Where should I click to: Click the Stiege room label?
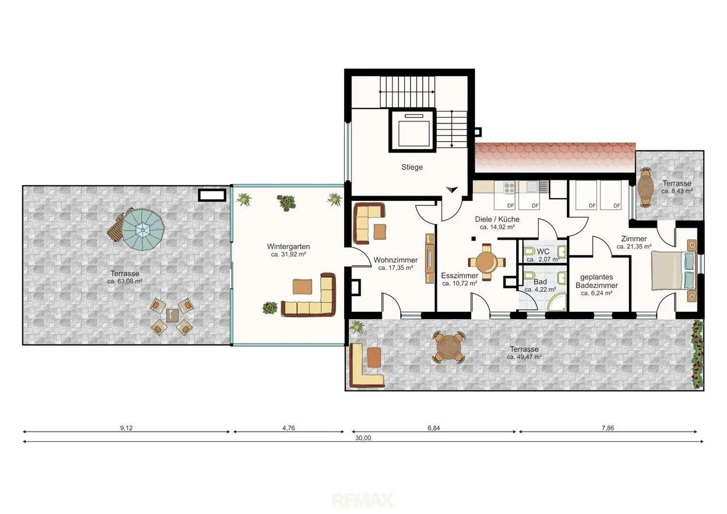pyautogui.click(x=412, y=167)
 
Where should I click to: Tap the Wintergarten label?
pyautogui.click(x=288, y=246)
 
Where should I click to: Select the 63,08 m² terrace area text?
pyautogui.click(x=125, y=282)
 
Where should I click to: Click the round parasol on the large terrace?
pyautogui.click(x=142, y=229)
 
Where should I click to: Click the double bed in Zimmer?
pyautogui.click(x=674, y=271)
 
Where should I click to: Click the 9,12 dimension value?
pyautogui.click(x=126, y=428)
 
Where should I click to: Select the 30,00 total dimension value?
pyautogui.click(x=363, y=438)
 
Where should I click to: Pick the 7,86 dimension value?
pyautogui.click(x=608, y=428)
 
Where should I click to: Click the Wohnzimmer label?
pyautogui.click(x=395, y=260)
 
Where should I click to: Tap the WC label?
pyautogui.click(x=543, y=252)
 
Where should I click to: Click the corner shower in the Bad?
pyautogui.click(x=557, y=302)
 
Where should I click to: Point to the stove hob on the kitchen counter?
pyautogui.click(x=509, y=188)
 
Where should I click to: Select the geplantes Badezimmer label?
pyautogui.click(x=597, y=281)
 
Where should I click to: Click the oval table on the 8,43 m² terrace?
pyautogui.click(x=646, y=187)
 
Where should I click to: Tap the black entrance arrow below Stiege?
pyautogui.click(x=452, y=189)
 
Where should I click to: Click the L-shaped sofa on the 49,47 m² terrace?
pyautogui.click(x=367, y=366)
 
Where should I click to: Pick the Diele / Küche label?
pyautogui.click(x=497, y=219)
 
